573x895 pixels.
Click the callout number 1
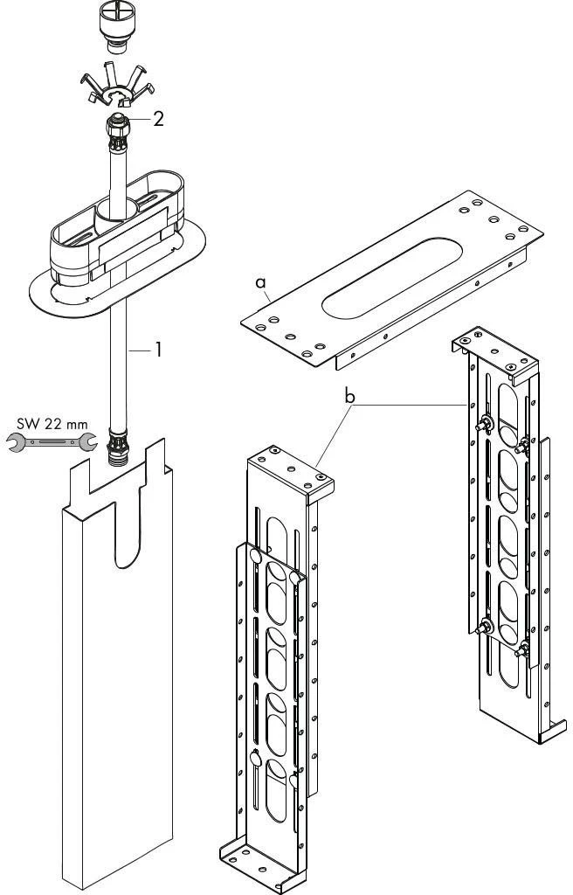click(x=158, y=350)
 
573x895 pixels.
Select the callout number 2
click(x=158, y=119)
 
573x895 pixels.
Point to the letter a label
click(x=259, y=282)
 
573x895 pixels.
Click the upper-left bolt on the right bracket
click(x=483, y=426)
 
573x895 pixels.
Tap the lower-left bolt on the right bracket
click(x=482, y=626)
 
